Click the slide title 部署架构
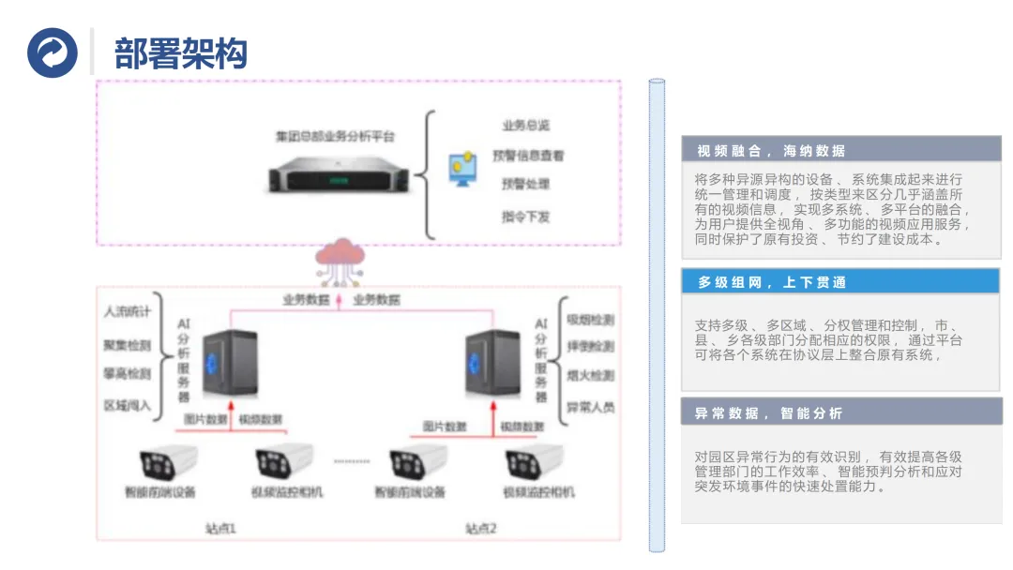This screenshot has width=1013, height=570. tap(180, 53)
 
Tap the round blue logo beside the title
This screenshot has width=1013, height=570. tap(53, 52)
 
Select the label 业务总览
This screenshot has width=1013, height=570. tap(525, 126)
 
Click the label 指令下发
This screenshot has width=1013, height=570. tap(525, 216)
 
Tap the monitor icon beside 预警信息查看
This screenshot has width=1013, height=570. tap(462, 169)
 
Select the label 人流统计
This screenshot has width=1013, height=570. tap(127, 311)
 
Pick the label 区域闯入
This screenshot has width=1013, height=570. tap(127, 405)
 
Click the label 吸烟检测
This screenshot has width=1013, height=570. tap(590, 320)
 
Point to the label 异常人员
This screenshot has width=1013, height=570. tap(590, 407)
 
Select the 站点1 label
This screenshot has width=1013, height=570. tap(221, 529)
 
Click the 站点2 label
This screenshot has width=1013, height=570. tap(481, 529)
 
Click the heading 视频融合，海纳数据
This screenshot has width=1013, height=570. tap(771, 151)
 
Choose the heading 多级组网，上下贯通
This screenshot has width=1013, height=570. tap(771, 282)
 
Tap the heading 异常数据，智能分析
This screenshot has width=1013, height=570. tap(769, 412)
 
